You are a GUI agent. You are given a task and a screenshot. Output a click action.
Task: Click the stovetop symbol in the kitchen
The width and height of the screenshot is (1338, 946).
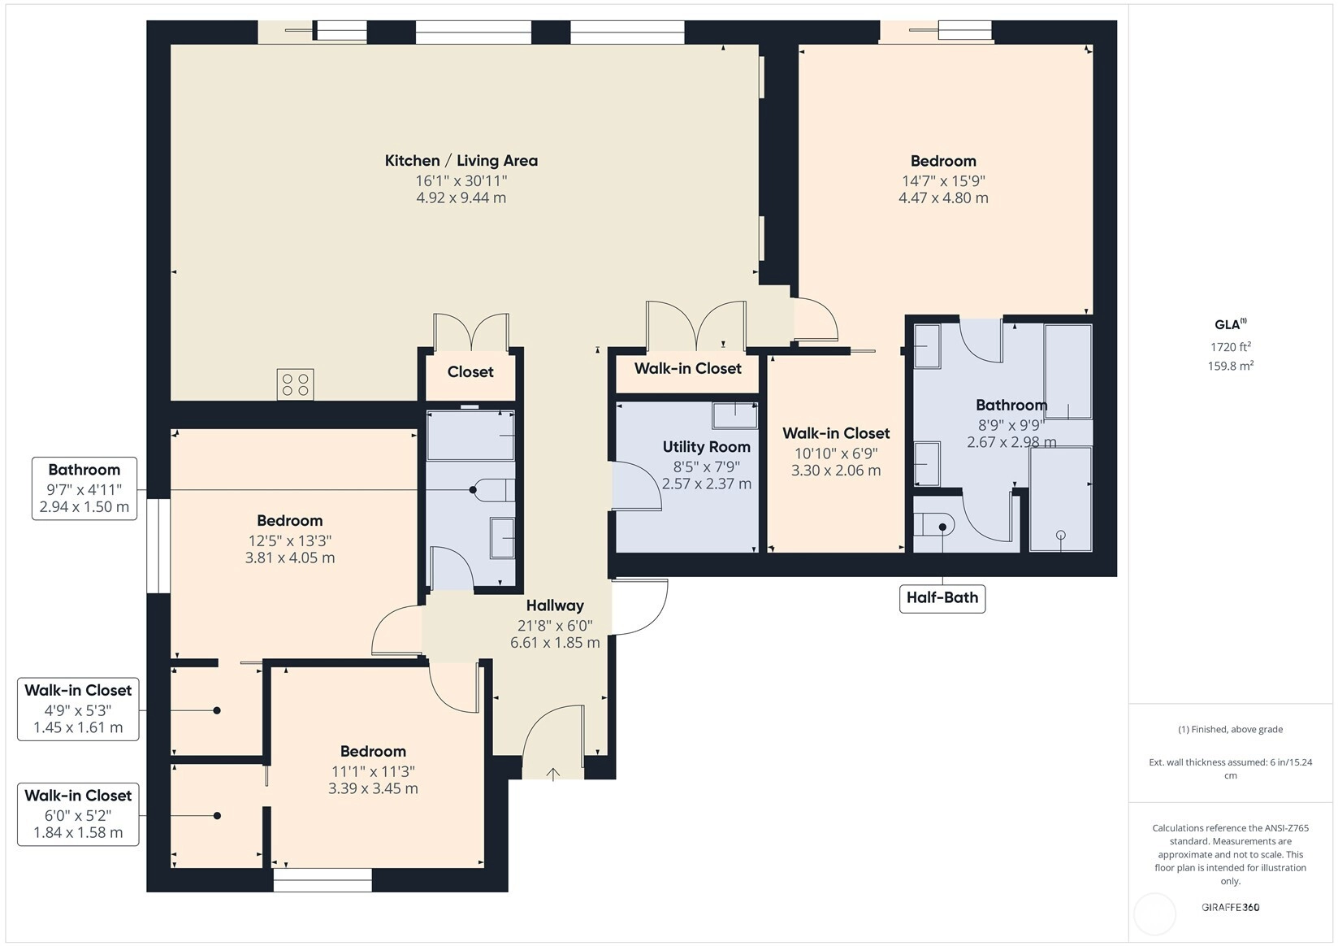coord(295,384)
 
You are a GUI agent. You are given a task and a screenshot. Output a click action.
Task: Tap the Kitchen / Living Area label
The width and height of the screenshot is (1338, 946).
coord(461,161)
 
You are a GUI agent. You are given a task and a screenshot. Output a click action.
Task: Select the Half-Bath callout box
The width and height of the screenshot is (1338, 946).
coord(942,598)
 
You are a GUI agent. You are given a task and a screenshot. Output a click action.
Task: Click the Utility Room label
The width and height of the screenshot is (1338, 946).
coord(706,447)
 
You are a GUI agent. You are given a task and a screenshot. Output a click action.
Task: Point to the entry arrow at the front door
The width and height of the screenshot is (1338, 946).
coord(553,775)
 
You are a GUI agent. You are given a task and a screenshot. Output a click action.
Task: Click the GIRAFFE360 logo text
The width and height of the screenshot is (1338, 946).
coord(1231,907)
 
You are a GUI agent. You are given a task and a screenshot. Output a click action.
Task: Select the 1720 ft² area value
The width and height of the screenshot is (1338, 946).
coord(1231,346)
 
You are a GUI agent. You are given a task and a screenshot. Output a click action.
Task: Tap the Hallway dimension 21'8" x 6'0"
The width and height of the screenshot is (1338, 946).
coord(555,626)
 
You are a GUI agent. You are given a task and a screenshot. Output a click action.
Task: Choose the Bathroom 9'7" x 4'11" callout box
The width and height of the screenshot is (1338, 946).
coord(84,488)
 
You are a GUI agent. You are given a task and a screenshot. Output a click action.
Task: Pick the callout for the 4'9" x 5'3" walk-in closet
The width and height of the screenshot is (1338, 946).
coord(78,709)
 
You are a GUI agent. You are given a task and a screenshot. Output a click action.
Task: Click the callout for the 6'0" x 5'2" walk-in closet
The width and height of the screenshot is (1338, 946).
coord(78,814)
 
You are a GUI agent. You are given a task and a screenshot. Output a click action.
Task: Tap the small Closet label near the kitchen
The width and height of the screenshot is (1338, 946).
coord(470,372)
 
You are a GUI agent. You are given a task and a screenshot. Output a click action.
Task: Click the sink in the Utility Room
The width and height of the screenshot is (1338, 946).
coord(734,415)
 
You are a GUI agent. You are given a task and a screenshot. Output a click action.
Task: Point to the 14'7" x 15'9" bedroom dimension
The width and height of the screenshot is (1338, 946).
coord(943,181)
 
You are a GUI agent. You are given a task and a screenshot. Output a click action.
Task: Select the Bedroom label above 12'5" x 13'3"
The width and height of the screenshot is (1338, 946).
coord(290,520)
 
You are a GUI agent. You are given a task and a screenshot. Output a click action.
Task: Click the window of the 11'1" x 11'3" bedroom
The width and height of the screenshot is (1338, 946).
coord(323,880)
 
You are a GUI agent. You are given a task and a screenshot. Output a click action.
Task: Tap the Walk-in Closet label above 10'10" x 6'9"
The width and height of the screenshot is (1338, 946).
coord(836,433)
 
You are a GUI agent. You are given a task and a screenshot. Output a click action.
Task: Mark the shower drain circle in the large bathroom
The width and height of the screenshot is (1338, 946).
coord(1060,535)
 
